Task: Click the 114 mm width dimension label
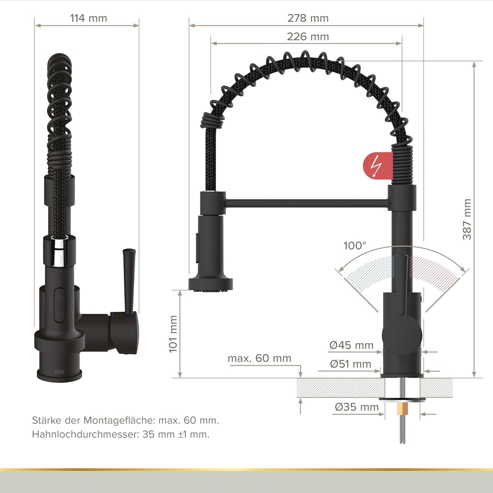pyautogui.click(x=89, y=18)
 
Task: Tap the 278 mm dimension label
pyautogui.click(x=308, y=18)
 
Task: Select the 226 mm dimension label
pyautogui.click(x=308, y=37)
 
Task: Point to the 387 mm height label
pyautogui.click(x=467, y=219)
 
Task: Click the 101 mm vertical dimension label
pyautogui.click(x=173, y=334)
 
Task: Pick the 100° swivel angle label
pyautogui.click(x=355, y=246)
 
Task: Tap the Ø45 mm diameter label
pyautogui.click(x=351, y=345)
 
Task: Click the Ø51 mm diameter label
pyautogui.click(x=351, y=364)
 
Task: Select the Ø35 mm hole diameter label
pyautogui.click(x=357, y=407)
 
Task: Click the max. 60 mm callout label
pyautogui.click(x=259, y=358)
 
